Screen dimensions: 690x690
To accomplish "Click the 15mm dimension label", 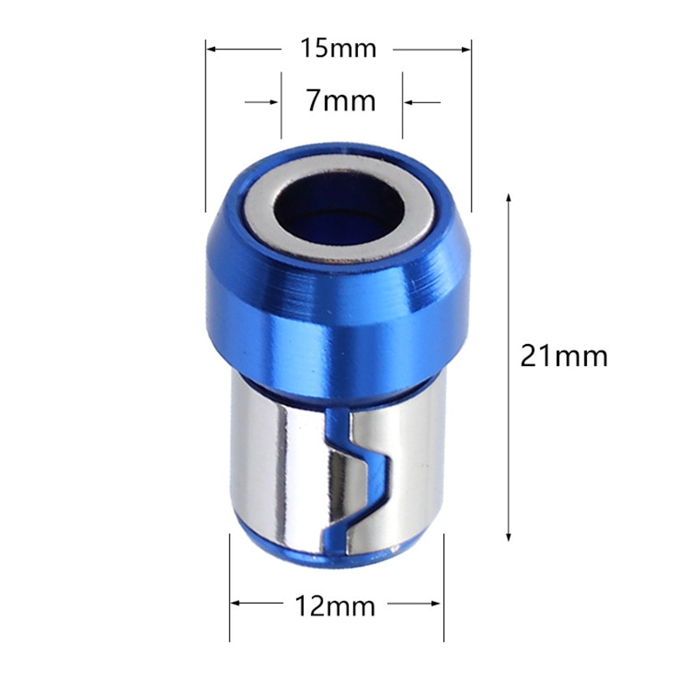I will click(338, 49).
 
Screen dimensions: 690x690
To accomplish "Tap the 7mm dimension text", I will click(341, 102).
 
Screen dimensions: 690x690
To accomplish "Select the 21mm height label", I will click(563, 356).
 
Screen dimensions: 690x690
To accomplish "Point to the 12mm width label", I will click(338, 606).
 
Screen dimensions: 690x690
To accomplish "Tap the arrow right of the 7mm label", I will click(409, 102).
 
